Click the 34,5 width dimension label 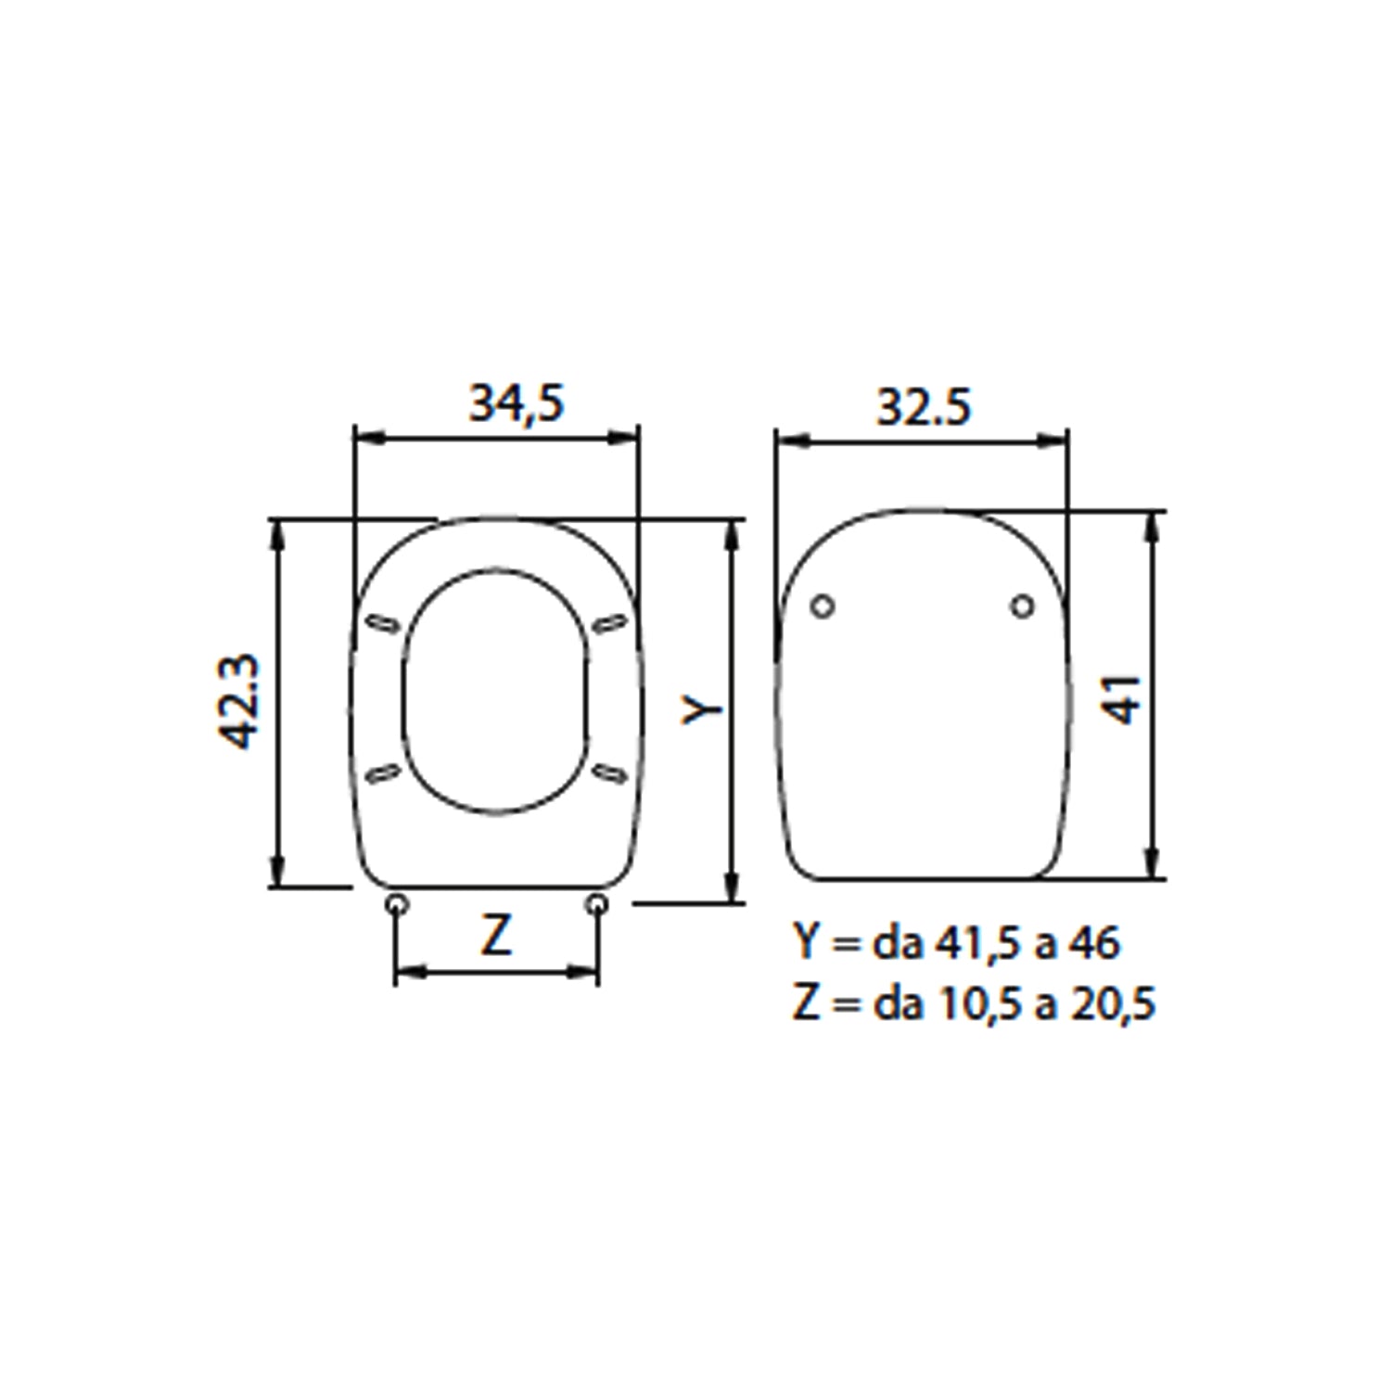(x=516, y=403)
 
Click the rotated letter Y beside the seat (x=702, y=709)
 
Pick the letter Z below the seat (x=496, y=936)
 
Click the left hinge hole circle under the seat (x=397, y=903)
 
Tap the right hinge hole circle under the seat (x=598, y=903)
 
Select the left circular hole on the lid (x=823, y=606)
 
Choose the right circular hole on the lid (x=1022, y=606)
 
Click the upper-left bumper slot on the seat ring (x=383, y=622)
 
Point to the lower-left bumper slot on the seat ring (x=382, y=772)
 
